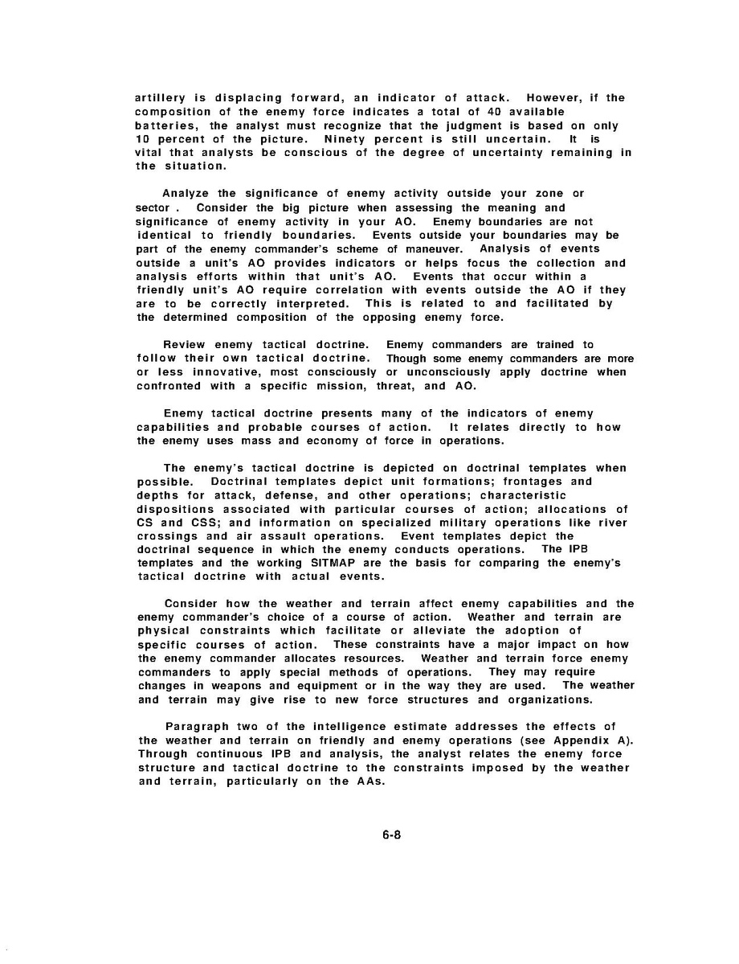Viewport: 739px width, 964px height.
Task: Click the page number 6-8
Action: [390, 834]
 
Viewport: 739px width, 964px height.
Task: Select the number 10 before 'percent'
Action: [145, 139]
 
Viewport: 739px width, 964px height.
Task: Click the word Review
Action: [184, 345]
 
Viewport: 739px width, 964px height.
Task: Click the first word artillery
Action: [161, 98]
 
